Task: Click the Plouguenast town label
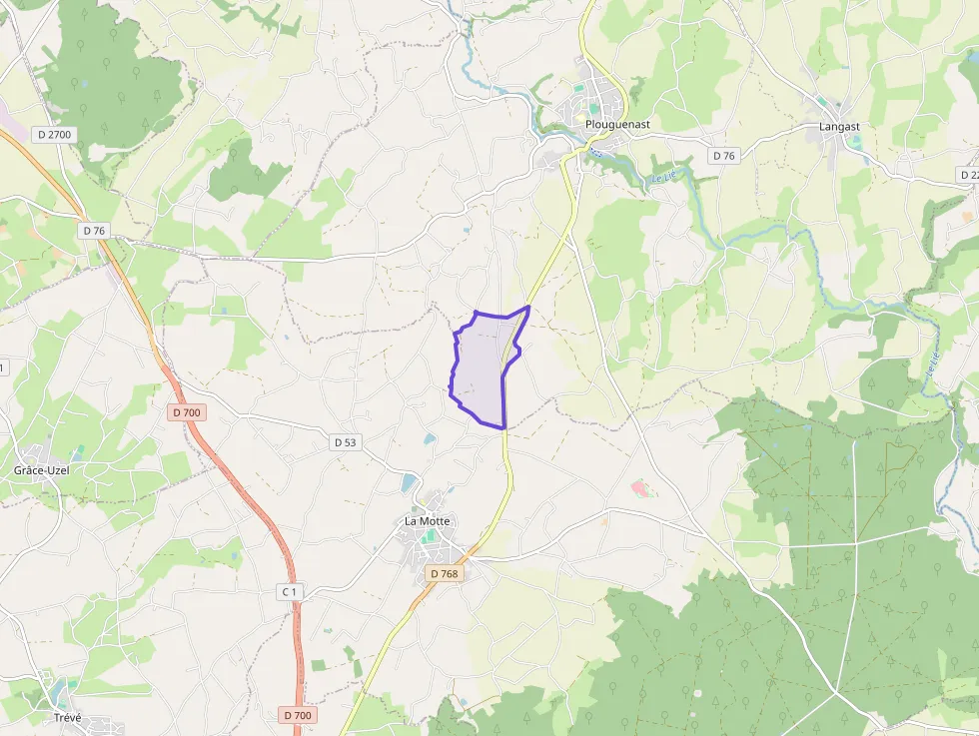coord(617,125)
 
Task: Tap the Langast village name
coord(839,127)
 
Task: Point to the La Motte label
coord(428,521)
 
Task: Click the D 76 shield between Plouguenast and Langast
coord(723,156)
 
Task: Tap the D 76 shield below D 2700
coord(94,231)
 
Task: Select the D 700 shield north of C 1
coord(186,412)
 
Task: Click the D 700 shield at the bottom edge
coord(297,715)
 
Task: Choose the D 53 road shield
coord(345,441)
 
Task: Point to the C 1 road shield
coord(290,592)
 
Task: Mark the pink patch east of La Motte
coord(638,488)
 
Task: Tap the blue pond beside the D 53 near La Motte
coord(409,483)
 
